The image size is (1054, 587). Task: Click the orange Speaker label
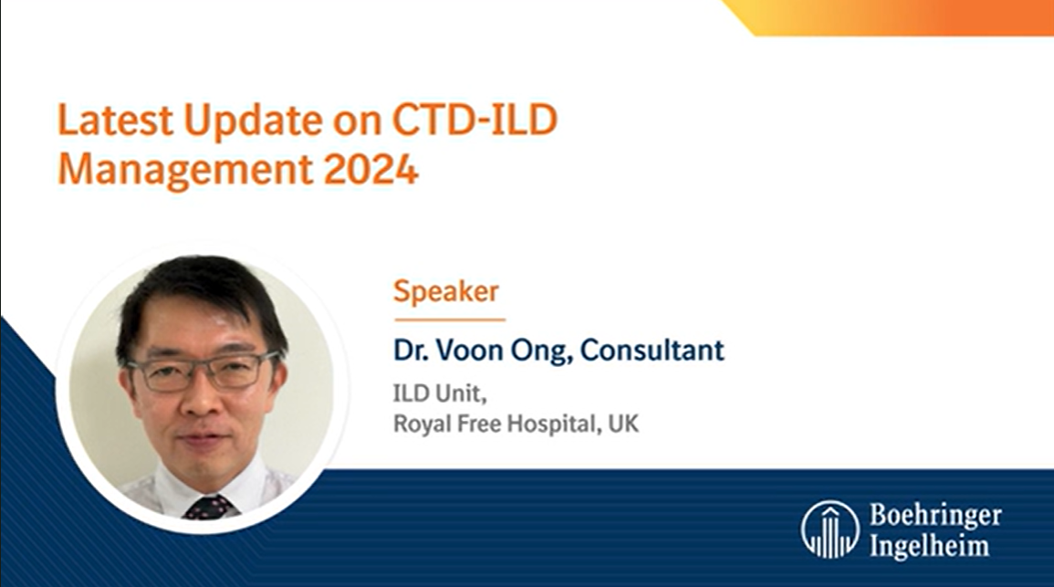coord(446,291)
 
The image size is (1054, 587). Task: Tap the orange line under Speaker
coord(449,320)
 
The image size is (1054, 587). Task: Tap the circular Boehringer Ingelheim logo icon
coord(830,529)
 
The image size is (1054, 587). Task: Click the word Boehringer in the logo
coord(935,516)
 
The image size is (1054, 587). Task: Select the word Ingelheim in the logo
coord(929,545)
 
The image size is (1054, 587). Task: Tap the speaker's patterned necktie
coord(207,507)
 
